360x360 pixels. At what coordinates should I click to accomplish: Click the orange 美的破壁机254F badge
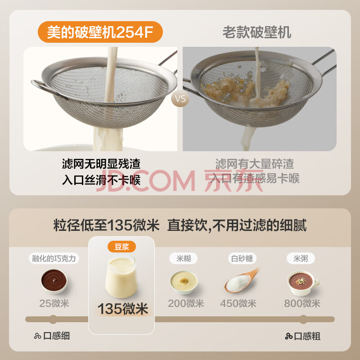(100, 32)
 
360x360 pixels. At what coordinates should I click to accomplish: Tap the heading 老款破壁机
(257, 32)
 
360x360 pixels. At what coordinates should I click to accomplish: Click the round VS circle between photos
(180, 99)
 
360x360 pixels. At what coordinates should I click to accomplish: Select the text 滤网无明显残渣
(101, 164)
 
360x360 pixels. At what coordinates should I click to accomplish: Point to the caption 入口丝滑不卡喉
(101, 180)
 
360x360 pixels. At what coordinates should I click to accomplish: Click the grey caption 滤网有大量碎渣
(254, 164)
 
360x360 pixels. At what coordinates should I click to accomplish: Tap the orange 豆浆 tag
(121, 247)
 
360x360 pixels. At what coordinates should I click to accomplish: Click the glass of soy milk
(121, 276)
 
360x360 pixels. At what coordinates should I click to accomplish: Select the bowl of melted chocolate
(54, 281)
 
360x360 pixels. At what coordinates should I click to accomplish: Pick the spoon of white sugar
(241, 280)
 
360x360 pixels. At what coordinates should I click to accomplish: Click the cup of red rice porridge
(302, 283)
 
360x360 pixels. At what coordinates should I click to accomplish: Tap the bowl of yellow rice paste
(184, 283)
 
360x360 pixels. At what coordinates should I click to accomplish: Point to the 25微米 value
(54, 303)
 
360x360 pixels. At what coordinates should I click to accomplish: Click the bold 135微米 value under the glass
(123, 309)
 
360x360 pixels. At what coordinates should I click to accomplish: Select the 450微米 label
(238, 303)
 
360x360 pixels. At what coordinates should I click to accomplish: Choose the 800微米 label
(302, 303)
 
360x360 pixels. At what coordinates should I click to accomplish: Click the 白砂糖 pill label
(242, 258)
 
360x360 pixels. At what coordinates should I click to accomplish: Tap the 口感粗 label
(302, 336)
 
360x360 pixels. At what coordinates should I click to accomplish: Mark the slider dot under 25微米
(53, 319)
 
